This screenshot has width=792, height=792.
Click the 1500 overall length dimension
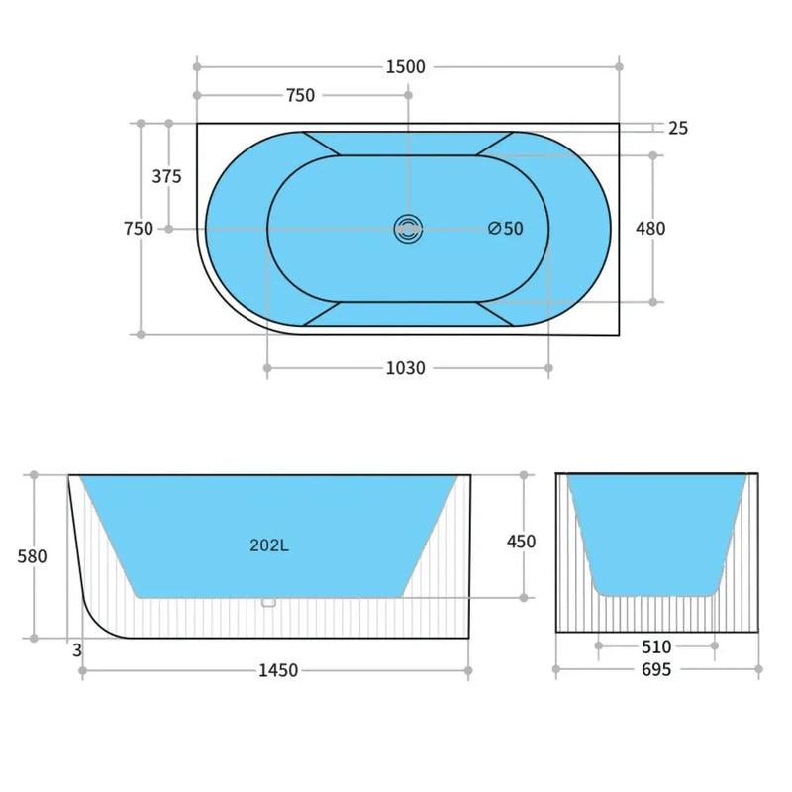pyautogui.click(x=406, y=67)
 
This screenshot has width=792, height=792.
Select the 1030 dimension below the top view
pyautogui.click(x=405, y=368)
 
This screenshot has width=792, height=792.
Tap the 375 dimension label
pyautogui.click(x=167, y=177)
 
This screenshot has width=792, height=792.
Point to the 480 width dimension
pyautogui.click(x=650, y=228)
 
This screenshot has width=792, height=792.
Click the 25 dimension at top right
pyautogui.click(x=678, y=128)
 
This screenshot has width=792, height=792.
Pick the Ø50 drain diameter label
pyautogui.click(x=506, y=229)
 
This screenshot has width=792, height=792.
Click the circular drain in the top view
pyautogui.click(x=407, y=229)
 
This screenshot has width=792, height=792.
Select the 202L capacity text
pyautogui.click(x=269, y=544)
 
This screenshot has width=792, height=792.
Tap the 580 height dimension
pyautogui.click(x=33, y=556)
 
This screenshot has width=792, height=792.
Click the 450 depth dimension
pyautogui.click(x=521, y=542)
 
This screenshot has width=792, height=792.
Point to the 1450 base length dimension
pyautogui.click(x=278, y=671)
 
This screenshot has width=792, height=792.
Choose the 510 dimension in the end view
pyautogui.click(x=656, y=647)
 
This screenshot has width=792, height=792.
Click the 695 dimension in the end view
pyautogui.click(x=656, y=670)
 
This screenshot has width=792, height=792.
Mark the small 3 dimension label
pyautogui.click(x=76, y=650)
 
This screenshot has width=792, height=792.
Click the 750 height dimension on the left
pyautogui.click(x=139, y=229)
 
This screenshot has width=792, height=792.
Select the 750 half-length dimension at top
pyautogui.click(x=300, y=96)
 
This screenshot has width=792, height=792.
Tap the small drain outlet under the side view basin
pyautogui.click(x=267, y=602)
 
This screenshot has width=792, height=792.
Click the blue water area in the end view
pyautogui.click(x=656, y=535)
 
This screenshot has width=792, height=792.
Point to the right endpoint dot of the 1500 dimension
pyautogui.click(x=620, y=67)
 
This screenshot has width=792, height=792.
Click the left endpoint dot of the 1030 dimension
pyautogui.click(x=267, y=368)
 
